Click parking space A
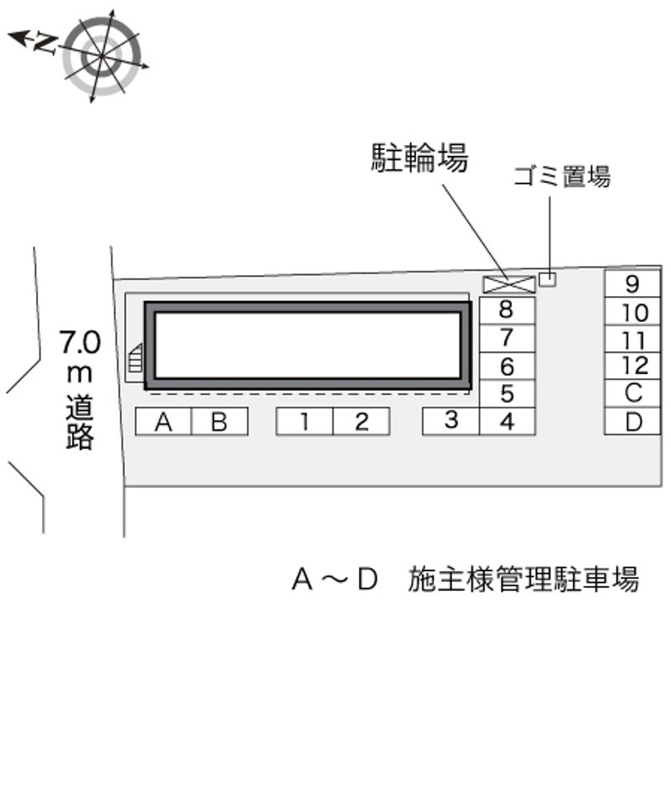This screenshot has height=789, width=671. point(164,422)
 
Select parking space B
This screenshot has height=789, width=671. point(219,422)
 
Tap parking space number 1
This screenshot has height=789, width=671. point(304,422)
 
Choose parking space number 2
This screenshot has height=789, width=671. point(361,422)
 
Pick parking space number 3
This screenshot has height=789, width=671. point(451,421)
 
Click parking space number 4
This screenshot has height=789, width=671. point(507,422)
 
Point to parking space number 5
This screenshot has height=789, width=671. point(507,393)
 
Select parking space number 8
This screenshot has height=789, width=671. point(507,309)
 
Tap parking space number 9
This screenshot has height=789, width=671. point(632,284)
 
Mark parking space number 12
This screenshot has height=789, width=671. point(632,366)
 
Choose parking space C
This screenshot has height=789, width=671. point(632,392)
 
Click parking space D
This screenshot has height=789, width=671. point(632,421)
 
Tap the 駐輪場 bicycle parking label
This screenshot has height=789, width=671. point(419,158)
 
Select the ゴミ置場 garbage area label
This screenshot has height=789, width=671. point(562,177)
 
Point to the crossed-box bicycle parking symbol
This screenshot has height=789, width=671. point(509,284)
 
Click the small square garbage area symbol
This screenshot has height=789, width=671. point(547,278)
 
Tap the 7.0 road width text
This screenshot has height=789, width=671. point(80,342)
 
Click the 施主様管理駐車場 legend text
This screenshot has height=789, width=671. point(523,579)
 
